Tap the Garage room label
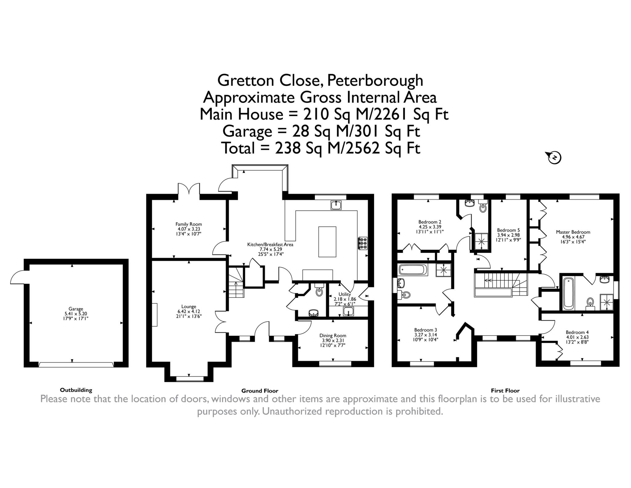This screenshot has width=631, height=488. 76,309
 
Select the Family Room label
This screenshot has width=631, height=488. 189,224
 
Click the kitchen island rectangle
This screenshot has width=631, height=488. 327,242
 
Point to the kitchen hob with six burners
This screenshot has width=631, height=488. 362,243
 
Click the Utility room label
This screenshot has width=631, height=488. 344,294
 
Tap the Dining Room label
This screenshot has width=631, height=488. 333,335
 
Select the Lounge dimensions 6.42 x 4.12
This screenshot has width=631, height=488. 189,311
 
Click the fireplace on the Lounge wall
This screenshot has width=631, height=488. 154,315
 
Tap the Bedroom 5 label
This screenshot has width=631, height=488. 508,230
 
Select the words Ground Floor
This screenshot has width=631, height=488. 260,391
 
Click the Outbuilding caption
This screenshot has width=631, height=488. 76,390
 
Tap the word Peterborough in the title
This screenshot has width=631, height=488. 375,80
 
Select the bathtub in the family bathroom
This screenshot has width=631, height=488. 413,270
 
